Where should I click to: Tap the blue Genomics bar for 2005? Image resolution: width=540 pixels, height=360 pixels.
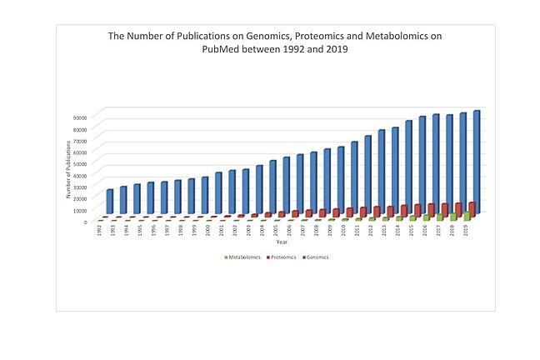point(272,187)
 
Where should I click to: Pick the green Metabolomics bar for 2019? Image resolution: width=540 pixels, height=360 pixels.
point(467,217)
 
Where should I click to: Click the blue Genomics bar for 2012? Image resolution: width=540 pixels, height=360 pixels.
point(367,175)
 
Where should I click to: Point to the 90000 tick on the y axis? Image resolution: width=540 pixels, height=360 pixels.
point(79,117)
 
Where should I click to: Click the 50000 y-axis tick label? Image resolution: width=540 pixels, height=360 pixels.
point(79,164)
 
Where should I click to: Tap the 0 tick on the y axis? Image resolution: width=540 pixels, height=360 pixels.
point(85,222)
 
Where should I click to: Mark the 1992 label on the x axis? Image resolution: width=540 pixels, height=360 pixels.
point(98,230)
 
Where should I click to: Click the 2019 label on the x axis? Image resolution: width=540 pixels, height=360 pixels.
point(464,230)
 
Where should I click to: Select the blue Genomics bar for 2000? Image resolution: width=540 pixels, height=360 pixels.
point(204,197)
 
